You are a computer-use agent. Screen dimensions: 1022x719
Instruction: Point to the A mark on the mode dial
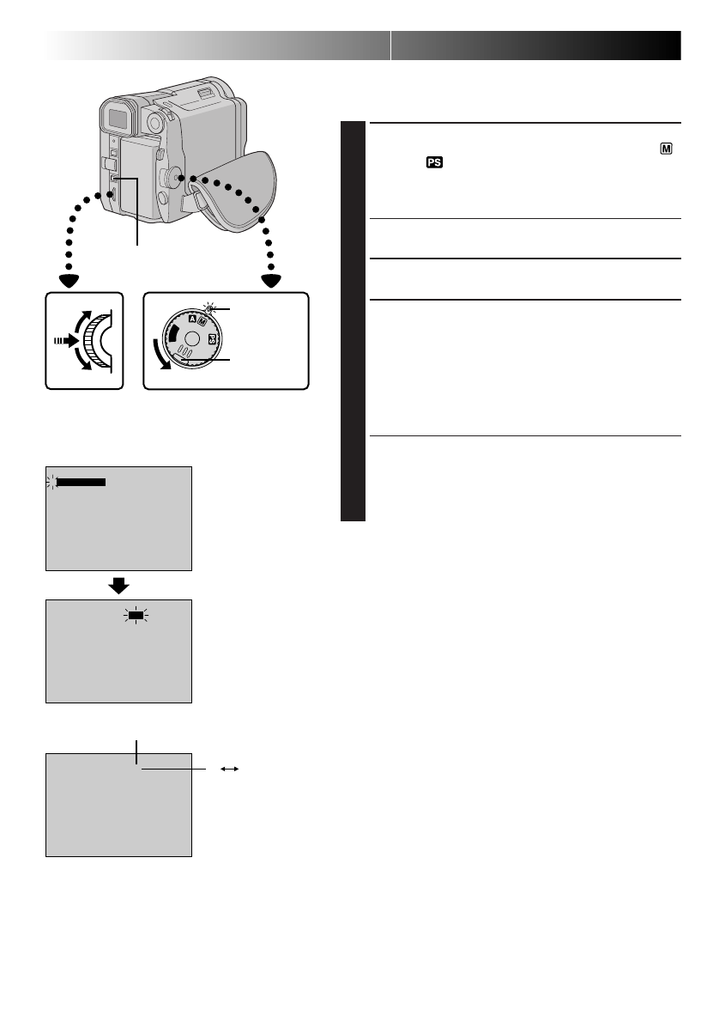tap(192, 320)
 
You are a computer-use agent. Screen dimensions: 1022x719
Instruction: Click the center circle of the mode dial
tap(193, 339)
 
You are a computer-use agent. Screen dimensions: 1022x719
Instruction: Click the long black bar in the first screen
tap(81, 483)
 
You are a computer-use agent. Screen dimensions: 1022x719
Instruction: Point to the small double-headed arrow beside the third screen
tap(229, 770)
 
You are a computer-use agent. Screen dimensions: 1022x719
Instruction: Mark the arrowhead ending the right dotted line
tap(272, 280)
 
